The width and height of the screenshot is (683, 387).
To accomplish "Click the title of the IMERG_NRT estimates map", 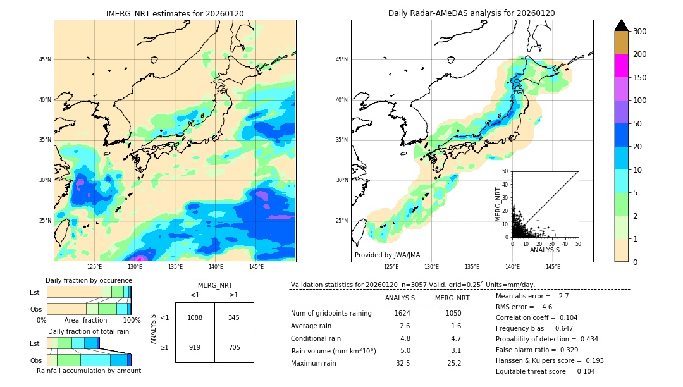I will click(175, 13).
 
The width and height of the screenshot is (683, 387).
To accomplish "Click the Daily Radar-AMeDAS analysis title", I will click(471, 13).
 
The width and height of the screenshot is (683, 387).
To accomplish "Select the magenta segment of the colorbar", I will click(621, 66).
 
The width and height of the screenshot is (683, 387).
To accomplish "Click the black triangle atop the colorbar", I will click(621, 25).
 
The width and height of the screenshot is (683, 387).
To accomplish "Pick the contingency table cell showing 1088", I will click(195, 317).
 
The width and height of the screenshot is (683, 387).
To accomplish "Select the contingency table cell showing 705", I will click(234, 347).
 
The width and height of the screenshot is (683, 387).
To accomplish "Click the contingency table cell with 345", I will click(234, 317).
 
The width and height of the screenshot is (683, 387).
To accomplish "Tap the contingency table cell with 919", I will click(195, 347).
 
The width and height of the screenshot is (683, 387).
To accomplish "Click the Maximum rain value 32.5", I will click(402, 363).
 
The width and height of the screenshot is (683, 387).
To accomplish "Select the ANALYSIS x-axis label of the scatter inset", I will click(545, 250).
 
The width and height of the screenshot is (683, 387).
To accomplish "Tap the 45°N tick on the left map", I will click(45, 59).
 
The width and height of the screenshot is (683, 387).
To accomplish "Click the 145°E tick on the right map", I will click(553, 267).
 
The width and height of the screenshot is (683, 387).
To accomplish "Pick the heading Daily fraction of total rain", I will click(89, 331).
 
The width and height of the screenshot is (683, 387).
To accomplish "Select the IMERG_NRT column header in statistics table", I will click(451, 298).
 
